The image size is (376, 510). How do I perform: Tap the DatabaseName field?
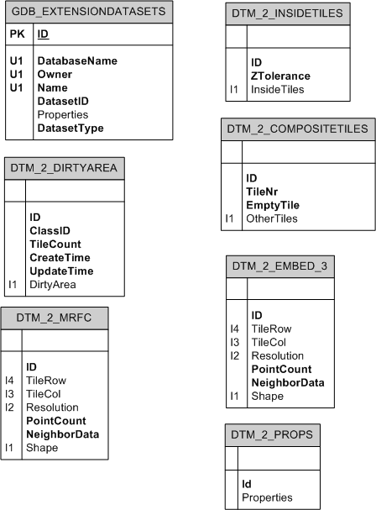tap(77, 61)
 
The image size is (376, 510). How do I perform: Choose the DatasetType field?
tap(70, 129)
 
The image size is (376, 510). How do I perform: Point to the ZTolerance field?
tap(281, 76)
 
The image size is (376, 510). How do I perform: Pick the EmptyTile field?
tap(274, 205)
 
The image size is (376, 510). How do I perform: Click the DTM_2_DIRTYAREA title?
tap(65, 167)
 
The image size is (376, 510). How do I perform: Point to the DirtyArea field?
tap(53, 284)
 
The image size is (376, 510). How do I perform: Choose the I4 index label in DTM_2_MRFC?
tap(10, 380)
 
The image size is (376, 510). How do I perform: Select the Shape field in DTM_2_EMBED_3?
tap(268, 396)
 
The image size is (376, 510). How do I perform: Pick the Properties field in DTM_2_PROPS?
tap(267, 497)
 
